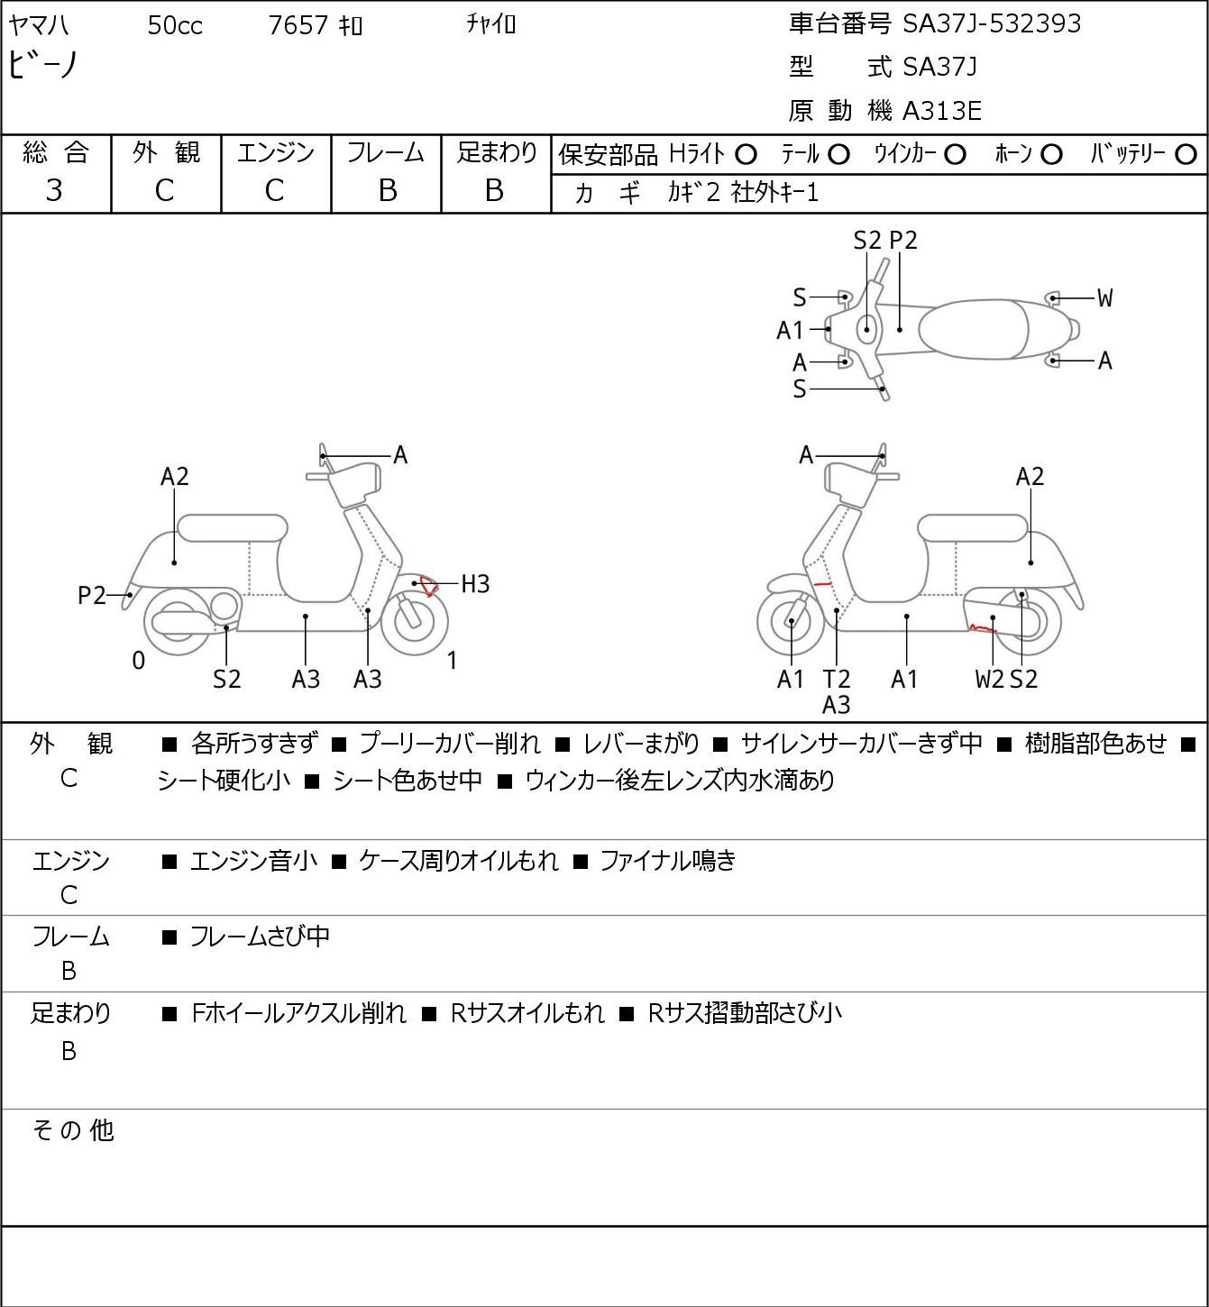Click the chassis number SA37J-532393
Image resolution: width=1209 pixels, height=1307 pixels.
tap(992, 24)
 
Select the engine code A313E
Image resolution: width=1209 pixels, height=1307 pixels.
tap(941, 111)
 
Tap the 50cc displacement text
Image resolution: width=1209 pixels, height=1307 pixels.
tap(175, 25)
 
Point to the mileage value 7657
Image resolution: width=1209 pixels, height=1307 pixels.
tap(298, 25)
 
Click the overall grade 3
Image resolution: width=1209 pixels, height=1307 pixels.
tap(54, 191)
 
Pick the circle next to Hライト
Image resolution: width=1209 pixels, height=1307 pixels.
tap(746, 155)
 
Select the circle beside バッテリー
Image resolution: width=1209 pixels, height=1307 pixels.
tap(1186, 155)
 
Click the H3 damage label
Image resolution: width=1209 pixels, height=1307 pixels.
tap(475, 584)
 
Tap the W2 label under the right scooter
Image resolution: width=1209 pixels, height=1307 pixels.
tap(989, 679)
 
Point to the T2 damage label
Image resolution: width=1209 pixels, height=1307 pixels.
tap(837, 679)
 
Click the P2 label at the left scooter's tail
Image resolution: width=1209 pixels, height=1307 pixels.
tap(92, 595)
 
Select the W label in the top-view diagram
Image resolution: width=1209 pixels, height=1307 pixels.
tap(1104, 298)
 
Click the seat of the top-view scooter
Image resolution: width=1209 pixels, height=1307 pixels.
tap(973, 329)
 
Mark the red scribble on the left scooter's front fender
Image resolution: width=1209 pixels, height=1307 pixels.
tap(428, 585)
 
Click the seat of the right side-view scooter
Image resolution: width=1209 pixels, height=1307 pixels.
tap(973, 528)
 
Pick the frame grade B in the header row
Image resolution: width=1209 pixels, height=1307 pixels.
tap(387, 191)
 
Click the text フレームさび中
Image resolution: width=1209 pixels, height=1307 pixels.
tap(260, 936)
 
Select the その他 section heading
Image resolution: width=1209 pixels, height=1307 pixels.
tap(73, 1130)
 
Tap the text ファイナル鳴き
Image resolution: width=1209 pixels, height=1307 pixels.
tap(667, 860)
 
